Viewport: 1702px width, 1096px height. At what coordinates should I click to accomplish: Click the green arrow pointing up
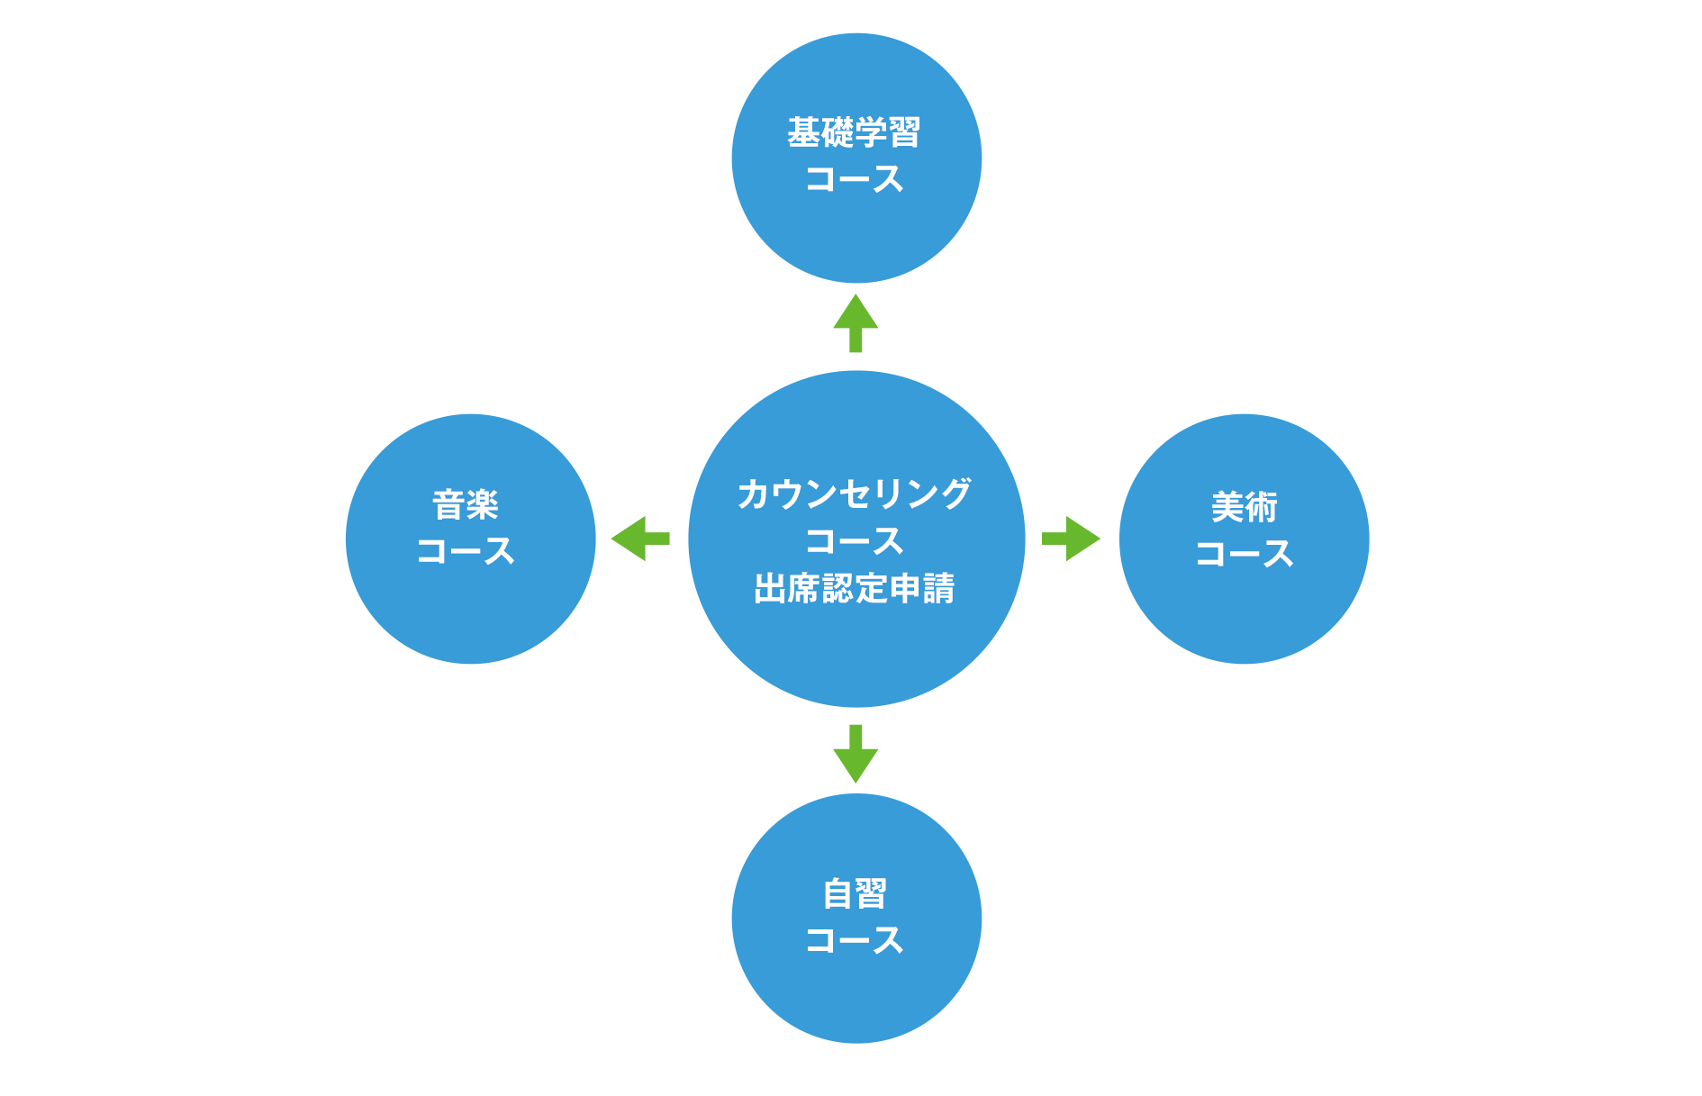[856, 322]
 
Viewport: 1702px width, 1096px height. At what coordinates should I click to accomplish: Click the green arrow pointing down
[856, 754]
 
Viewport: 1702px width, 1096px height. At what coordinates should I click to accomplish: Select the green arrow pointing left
[640, 539]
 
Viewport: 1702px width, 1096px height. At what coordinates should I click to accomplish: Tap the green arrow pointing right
[1071, 539]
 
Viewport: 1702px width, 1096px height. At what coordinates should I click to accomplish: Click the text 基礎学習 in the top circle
[854, 133]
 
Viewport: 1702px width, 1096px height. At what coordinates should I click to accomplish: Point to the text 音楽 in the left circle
[466, 505]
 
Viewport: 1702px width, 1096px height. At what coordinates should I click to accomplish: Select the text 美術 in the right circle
[1245, 508]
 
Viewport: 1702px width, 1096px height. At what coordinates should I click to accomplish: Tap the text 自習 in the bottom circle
[856, 894]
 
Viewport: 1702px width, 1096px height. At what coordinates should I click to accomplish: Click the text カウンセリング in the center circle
[855, 494]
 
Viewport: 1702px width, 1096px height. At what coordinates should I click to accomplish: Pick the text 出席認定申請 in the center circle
[855, 588]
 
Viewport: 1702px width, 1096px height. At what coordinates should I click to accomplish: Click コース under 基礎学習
[854, 179]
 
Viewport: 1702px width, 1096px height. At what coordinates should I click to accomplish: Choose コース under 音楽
[466, 551]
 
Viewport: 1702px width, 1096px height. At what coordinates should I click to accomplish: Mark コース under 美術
[1245, 554]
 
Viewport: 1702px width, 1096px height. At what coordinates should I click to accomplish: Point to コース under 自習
[855, 940]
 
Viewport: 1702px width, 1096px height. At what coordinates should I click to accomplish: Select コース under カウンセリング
[855, 541]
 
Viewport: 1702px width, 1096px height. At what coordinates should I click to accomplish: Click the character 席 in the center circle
[804, 588]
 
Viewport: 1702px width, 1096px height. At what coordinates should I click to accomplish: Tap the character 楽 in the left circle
[483, 505]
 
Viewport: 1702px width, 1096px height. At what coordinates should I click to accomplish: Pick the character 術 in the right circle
[1262, 508]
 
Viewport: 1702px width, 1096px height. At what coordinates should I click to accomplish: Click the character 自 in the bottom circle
[838, 894]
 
